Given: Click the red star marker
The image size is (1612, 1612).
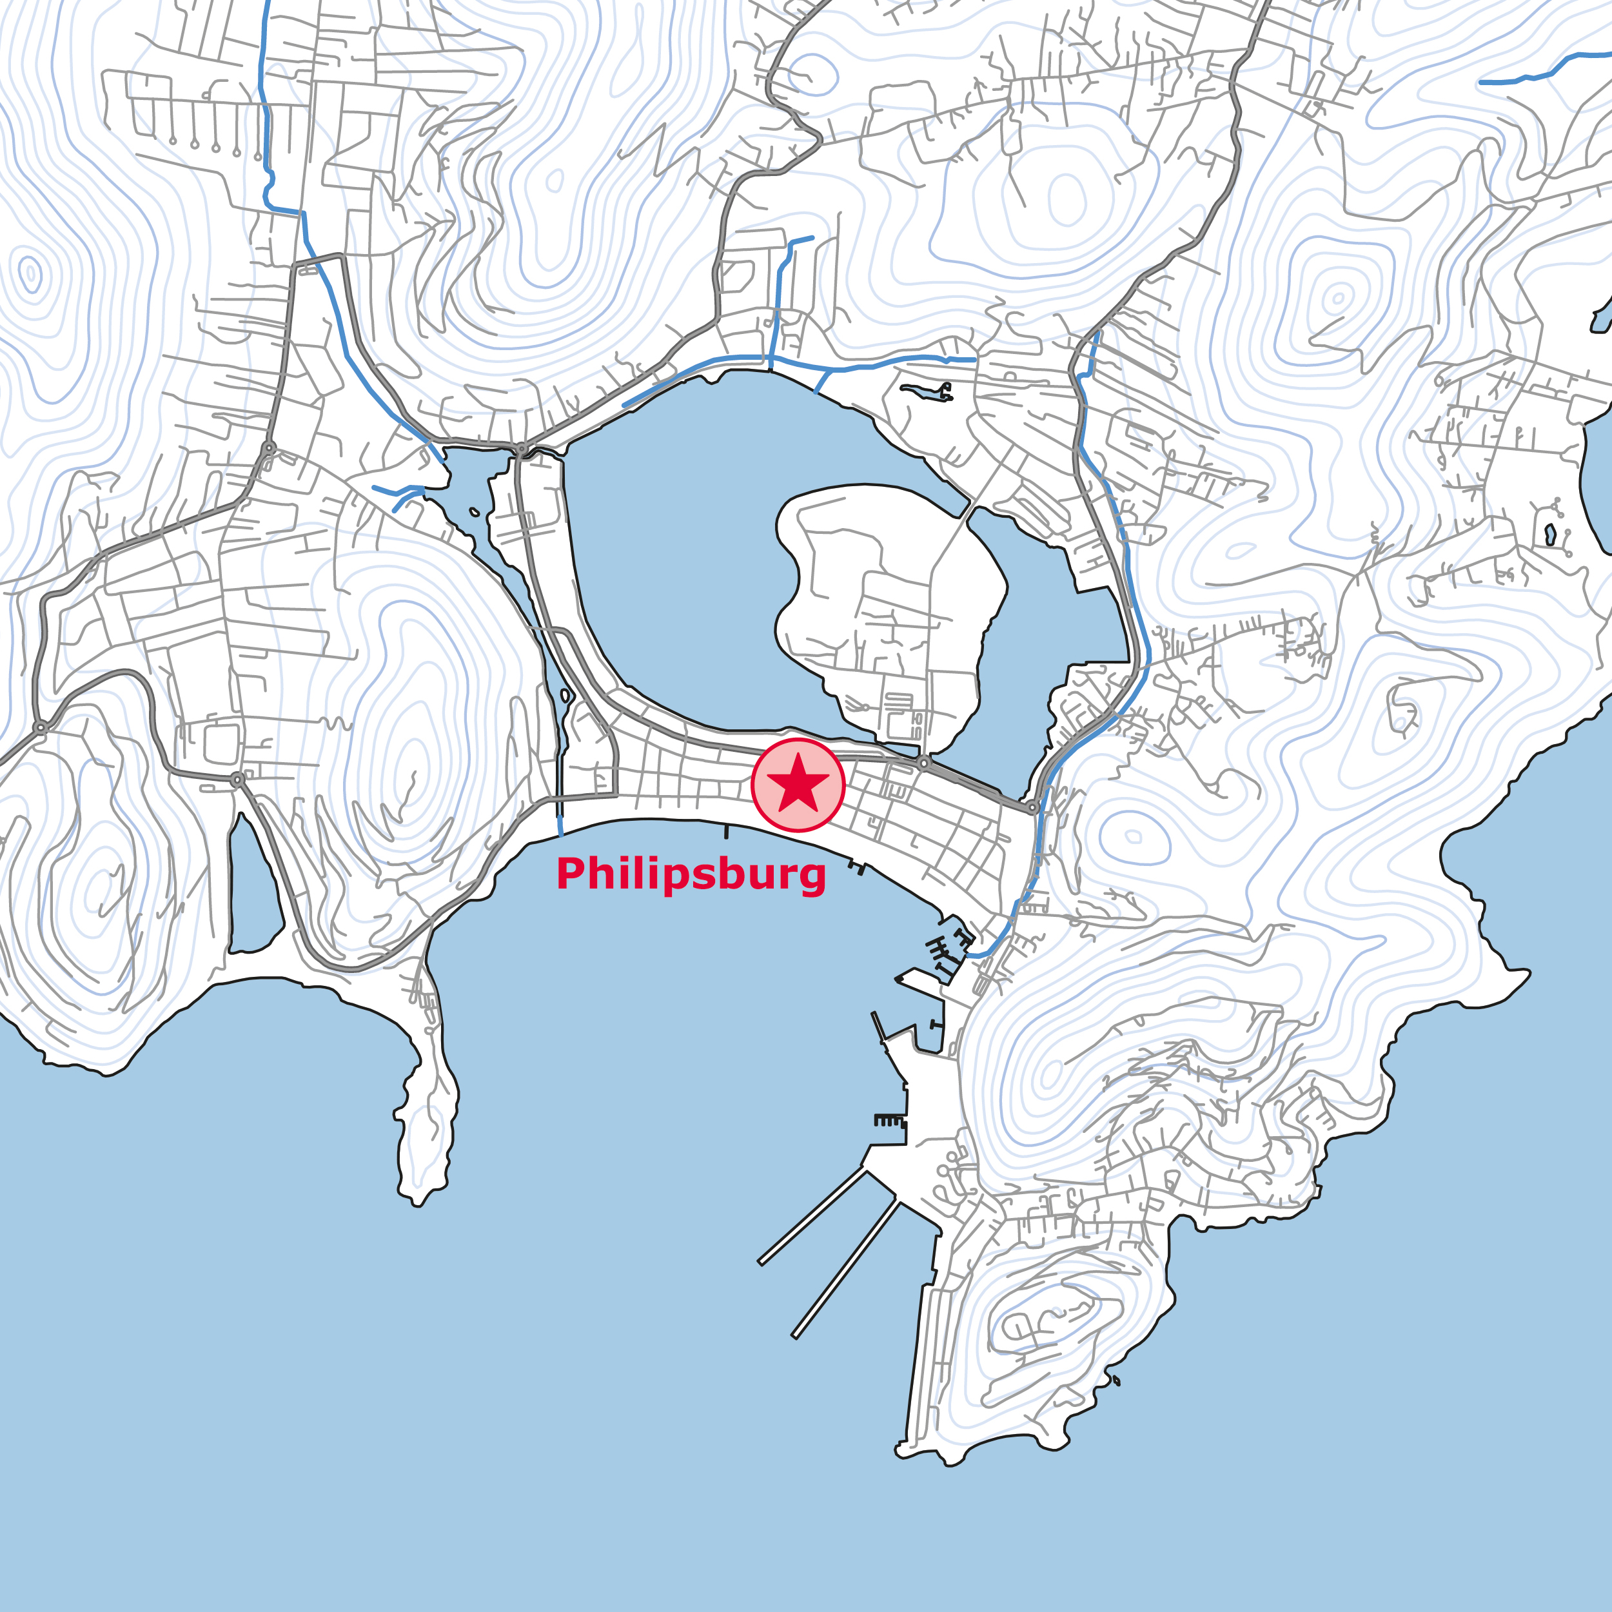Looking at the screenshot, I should pyautogui.click(x=798, y=784).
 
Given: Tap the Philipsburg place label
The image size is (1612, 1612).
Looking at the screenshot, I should pyautogui.click(x=691, y=874).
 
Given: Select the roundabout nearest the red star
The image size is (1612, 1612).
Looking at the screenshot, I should pyautogui.click(x=923, y=763).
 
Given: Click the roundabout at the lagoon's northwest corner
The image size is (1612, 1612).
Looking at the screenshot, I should pyautogui.click(x=522, y=449).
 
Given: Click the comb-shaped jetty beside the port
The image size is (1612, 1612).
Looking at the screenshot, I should pyautogui.click(x=889, y=1120).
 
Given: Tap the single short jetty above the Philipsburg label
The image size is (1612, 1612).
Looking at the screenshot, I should pyautogui.click(x=726, y=831).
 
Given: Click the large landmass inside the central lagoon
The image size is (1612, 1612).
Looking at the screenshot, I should pyautogui.click(x=885, y=601).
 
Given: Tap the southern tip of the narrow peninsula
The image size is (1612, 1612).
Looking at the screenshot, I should pyautogui.click(x=417, y=1201).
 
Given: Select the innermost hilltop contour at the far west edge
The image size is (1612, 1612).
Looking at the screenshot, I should pyautogui.click(x=31, y=273).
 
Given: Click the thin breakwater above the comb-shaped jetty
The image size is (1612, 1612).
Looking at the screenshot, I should pyautogui.click(x=879, y=1027).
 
